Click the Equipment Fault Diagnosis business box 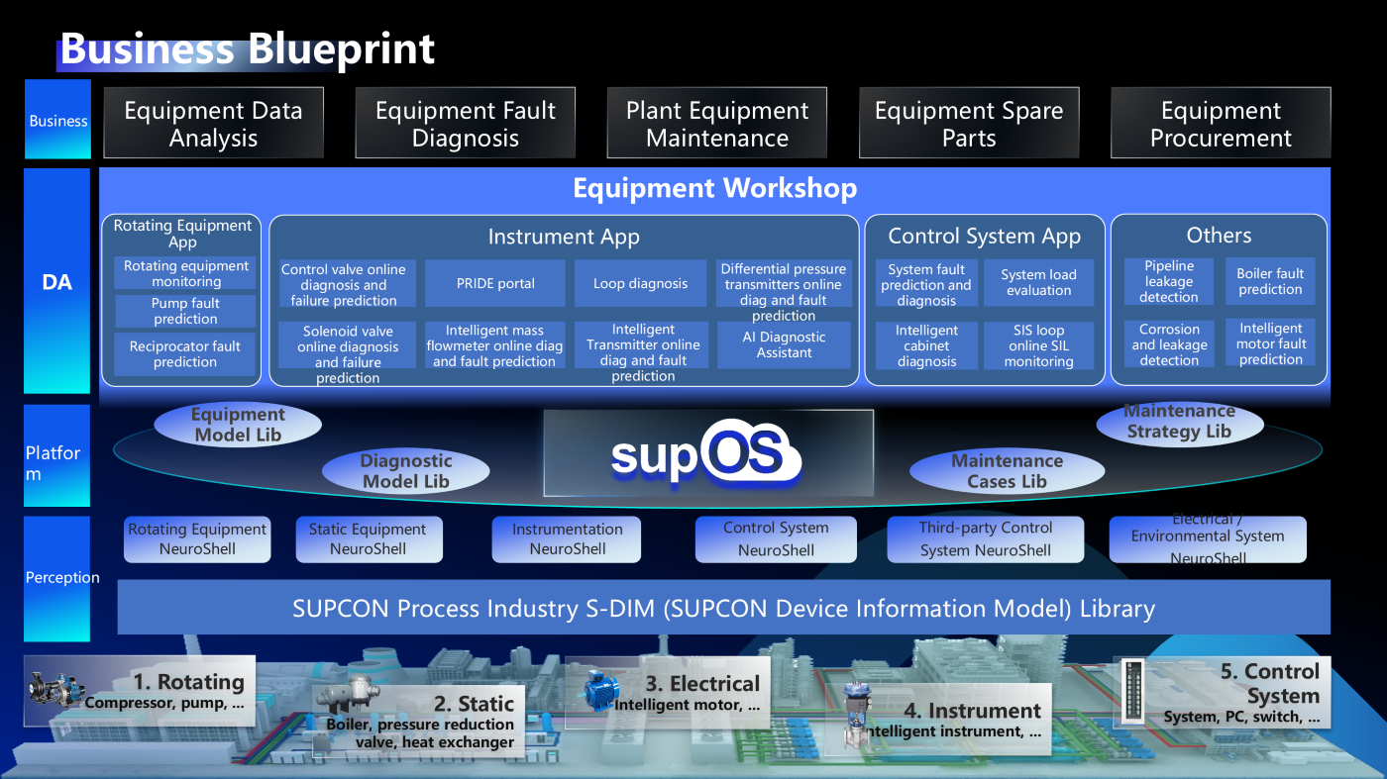[x=465, y=124]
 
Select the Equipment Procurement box [x=1221, y=124]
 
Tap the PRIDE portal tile [x=495, y=284]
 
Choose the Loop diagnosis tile [x=640, y=284]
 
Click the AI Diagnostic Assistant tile [x=784, y=344]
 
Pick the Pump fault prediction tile [x=185, y=311]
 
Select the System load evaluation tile [x=1037, y=283]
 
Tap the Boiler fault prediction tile [x=1270, y=282]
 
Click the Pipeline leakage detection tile [x=1169, y=282]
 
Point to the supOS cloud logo [x=706, y=454]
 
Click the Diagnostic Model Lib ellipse [x=406, y=471]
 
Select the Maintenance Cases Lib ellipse [x=1007, y=471]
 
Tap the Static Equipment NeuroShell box [x=369, y=539]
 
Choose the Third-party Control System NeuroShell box [x=985, y=539]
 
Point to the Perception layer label [x=61, y=578]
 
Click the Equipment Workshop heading [x=714, y=188]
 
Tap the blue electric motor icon [x=599, y=691]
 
